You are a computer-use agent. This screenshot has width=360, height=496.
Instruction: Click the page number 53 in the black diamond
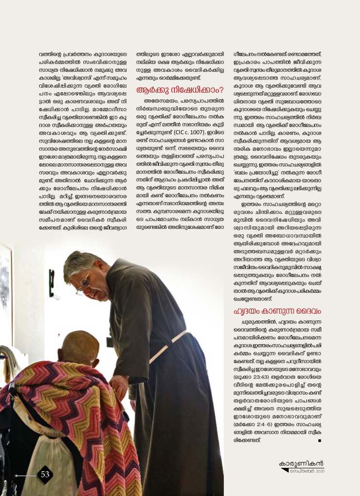[45, 474]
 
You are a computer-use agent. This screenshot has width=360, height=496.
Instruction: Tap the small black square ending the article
[319, 441]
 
